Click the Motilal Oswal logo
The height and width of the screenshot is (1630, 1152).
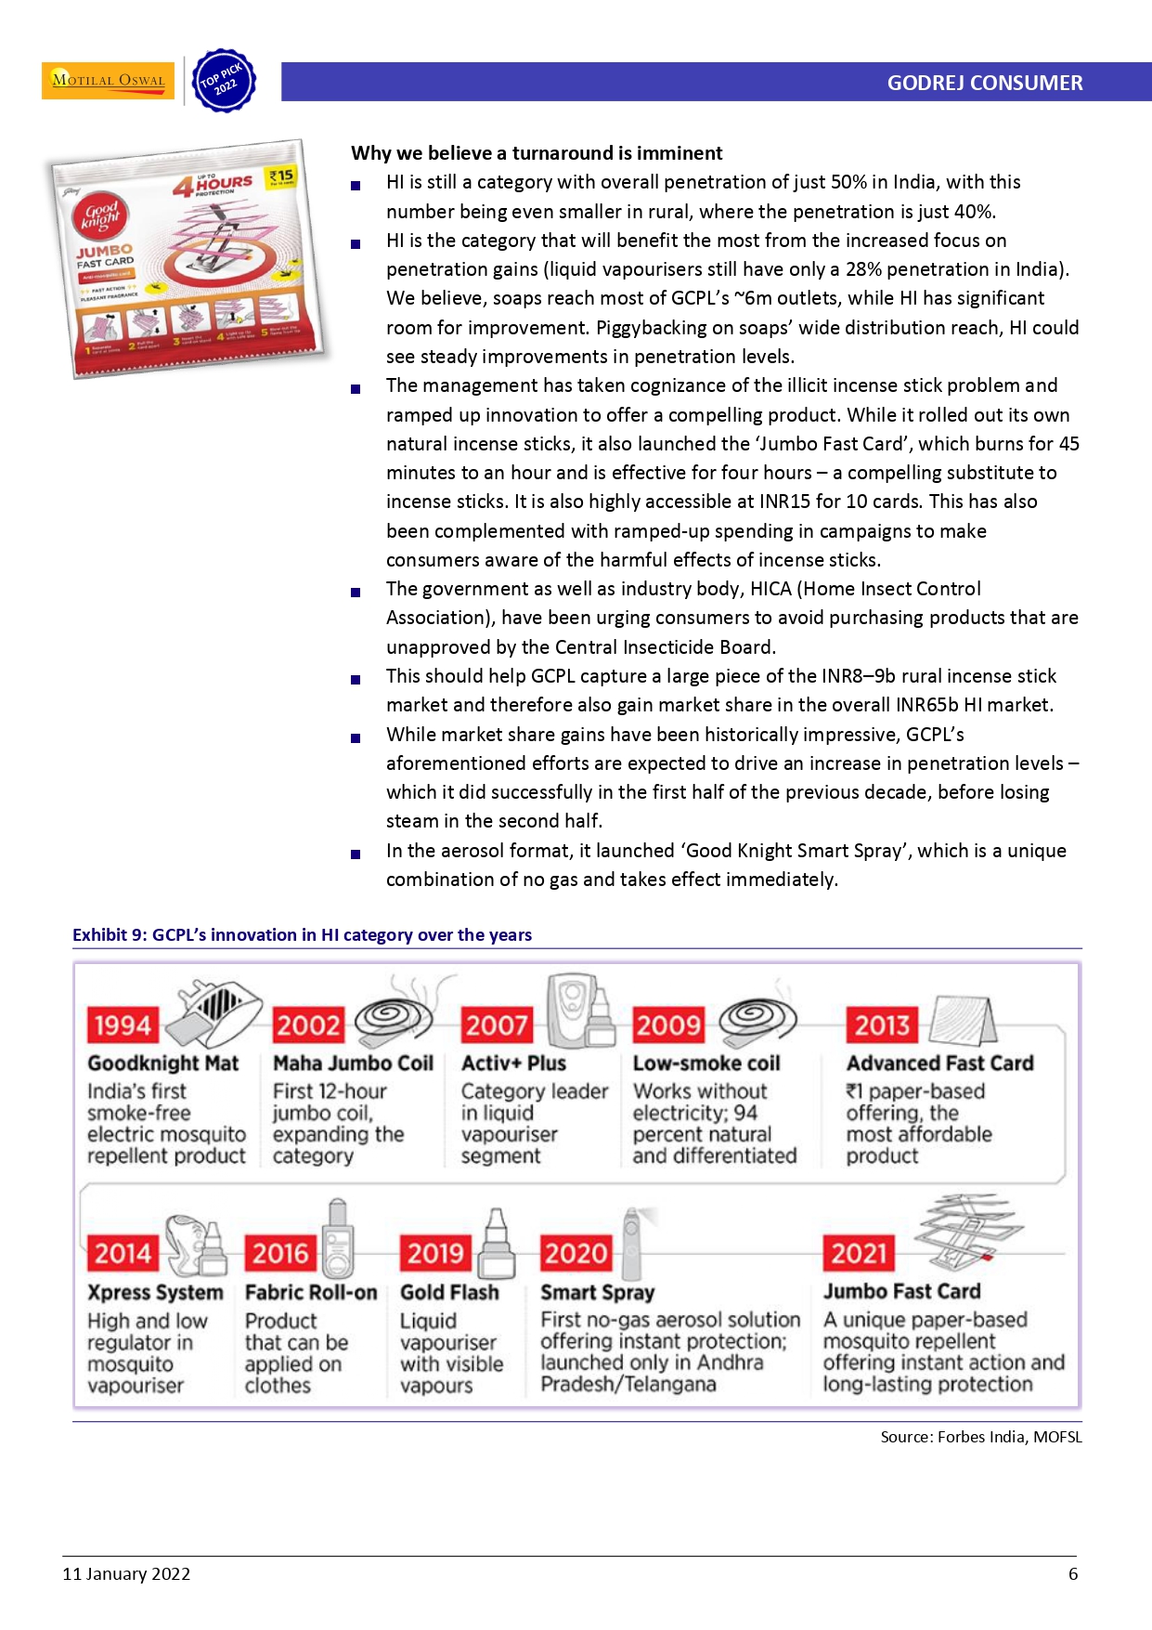[x=108, y=80]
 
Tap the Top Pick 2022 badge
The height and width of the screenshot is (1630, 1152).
[x=222, y=81]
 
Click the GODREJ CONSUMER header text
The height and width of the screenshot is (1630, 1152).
[x=984, y=83]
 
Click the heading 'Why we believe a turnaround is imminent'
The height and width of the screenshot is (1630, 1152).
[x=537, y=153]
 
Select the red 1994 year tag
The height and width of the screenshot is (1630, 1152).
[x=123, y=1025]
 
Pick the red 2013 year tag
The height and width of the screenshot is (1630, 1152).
[x=882, y=1025]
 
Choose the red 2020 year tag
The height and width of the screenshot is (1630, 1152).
[x=576, y=1254]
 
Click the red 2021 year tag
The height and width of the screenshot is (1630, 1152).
[x=860, y=1254]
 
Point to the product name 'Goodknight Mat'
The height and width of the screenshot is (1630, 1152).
[x=163, y=1063]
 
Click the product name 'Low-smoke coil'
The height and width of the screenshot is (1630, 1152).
[x=706, y=1063]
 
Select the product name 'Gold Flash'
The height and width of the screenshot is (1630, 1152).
[x=449, y=1292]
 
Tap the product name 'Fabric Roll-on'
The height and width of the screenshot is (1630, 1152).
[x=311, y=1292]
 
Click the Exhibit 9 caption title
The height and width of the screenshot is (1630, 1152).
[x=302, y=935]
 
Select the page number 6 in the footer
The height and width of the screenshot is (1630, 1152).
[x=1073, y=1574]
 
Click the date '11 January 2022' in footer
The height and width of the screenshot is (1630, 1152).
[x=126, y=1574]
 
